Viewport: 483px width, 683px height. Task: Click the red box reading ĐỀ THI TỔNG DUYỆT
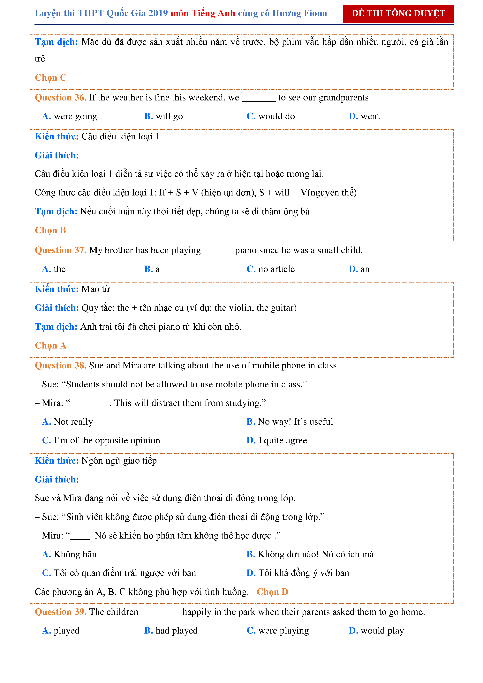click(x=398, y=14)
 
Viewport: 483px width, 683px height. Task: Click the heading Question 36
click(x=60, y=98)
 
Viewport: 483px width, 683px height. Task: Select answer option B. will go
click(x=163, y=116)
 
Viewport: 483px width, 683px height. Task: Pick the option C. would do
click(x=270, y=116)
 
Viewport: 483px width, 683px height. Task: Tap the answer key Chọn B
click(x=50, y=230)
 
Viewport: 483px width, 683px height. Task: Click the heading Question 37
click(x=60, y=250)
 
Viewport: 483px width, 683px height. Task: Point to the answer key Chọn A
click(x=50, y=346)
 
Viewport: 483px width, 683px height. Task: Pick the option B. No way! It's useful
click(x=290, y=422)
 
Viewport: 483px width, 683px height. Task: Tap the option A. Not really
click(x=68, y=422)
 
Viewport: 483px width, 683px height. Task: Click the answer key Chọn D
click(x=272, y=592)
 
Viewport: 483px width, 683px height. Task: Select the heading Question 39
click(x=60, y=612)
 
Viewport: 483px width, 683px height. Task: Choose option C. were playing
click(x=278, y=631)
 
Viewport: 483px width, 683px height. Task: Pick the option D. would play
click(x=376, y=631)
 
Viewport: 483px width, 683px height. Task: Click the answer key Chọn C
click(x=51, y=78)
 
